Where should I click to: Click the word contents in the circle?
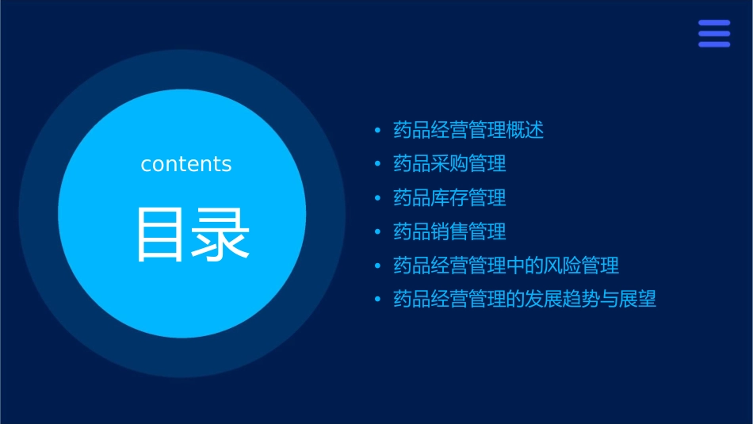[186, 164]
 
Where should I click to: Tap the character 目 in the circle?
[160, 235]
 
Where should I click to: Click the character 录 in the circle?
[222, 235]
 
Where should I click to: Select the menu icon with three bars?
[714, 34]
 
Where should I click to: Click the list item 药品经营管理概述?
[468, 130]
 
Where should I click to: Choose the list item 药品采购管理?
[449, 164]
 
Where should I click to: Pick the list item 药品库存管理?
[449, 197]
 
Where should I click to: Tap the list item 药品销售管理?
[449, 231]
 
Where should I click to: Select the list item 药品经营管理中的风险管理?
[506, 265]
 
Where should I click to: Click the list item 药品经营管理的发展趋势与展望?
[525, 299]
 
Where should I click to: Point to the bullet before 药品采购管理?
[378, 164]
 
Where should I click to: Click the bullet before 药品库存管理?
[378, 197]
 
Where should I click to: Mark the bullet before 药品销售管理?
[378, 231]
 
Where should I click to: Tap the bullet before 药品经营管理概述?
[378, 130]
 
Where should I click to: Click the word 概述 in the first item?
[526, 130]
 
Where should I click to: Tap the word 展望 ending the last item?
[638, 299]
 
